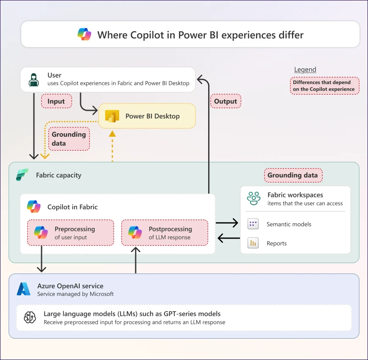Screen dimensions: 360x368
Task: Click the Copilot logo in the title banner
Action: coord(85,34)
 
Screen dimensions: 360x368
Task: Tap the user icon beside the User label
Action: coord(33,79)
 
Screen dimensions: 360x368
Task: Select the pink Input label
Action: coord(56,101)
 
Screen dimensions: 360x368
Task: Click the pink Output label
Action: coord(226,101)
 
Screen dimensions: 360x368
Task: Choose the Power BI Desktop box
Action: coord(147,116)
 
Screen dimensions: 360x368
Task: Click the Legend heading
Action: coord(305,70)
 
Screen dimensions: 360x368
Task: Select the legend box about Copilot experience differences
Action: coord(324,86)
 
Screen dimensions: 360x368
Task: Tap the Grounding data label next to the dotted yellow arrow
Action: coord(69,139)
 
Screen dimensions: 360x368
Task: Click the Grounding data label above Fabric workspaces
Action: coord(293,175)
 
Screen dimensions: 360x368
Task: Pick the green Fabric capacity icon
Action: coord(22,175)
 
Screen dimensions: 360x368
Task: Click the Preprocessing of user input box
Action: coord(70,233)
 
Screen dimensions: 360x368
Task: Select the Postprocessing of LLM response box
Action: coord(164,233)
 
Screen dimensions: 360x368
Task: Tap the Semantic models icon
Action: coord(253,224)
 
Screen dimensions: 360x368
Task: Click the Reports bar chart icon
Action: coord(253,243)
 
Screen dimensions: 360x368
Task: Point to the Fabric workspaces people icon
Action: coord(254,198)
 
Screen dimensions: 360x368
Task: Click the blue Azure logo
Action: coord(24,289)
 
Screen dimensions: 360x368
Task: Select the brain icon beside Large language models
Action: coord(30,318)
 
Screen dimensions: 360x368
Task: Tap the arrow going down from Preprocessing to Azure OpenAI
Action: coord(42,259)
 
